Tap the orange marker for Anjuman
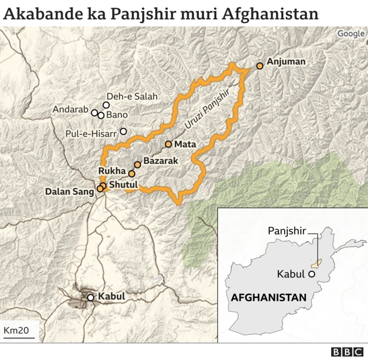coord(260,66)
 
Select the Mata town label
coord(185,144)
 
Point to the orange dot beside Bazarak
coord(137,164)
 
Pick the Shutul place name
coord(124,184)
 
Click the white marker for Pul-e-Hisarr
coord(123,131)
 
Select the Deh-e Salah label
coord(132,97)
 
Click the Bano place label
coord(117,115)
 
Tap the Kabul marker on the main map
coord(90,297)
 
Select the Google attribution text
coord(351,34)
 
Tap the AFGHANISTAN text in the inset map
coord(268,297)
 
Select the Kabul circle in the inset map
coord(312,274)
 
